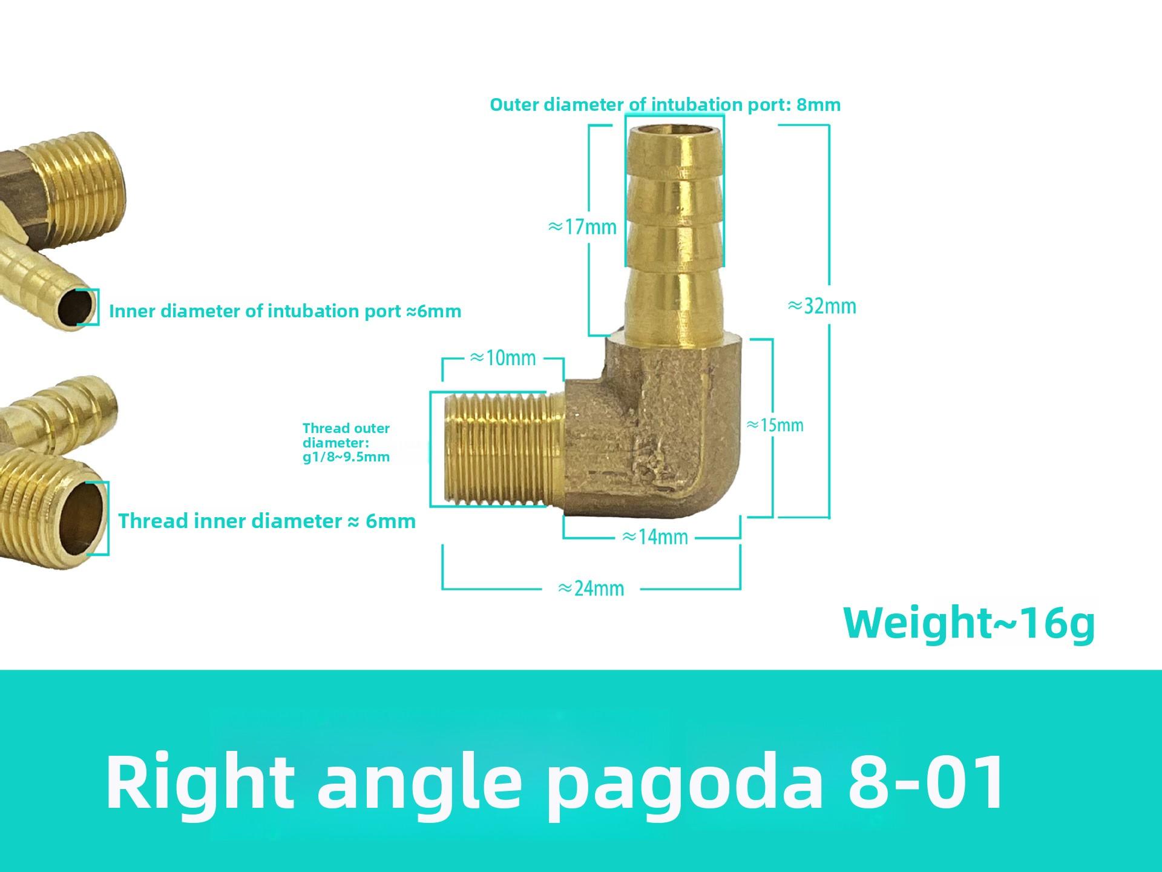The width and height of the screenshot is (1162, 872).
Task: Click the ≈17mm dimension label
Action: (x=582, y=227)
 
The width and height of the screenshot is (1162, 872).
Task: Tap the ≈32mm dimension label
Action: (x=822, y=306)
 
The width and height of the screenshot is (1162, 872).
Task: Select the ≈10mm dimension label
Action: (x=502, y=358)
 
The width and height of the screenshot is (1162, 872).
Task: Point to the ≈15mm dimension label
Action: (x=775, y=424)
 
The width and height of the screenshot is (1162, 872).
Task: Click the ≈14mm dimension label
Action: (x=655, y=537)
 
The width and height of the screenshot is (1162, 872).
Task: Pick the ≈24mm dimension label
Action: (x=591, y=588)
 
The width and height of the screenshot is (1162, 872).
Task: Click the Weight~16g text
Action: (x=969, y=623)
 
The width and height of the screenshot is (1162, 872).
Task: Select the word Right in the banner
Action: (x=200, y=782)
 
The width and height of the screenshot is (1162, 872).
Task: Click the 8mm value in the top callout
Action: (x=818, y=105)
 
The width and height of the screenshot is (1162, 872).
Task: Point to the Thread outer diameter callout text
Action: (x=346, y=443)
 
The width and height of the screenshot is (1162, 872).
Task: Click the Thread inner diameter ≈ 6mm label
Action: (x=267, y=521)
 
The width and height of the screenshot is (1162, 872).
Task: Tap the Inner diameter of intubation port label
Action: (x=285, y=311)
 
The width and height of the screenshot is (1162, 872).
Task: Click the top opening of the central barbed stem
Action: (x=674, y=129)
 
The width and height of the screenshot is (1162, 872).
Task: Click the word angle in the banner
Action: (x=419, y=785)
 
